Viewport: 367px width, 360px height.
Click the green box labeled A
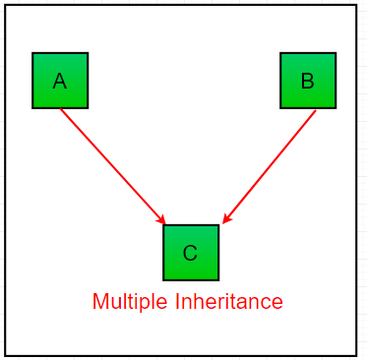[x=60, y=81]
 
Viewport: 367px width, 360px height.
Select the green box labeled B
[x=308, y=81]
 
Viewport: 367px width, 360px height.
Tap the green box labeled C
[x=191, y=253]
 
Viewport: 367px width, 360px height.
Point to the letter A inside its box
[x=60, y=82]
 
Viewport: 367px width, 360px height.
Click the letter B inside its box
[x=307, y=82]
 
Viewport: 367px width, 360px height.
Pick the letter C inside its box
[x=190, y=254]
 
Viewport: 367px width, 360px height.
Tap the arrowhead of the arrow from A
[x=161, y=220]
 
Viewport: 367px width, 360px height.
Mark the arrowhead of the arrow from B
[x=226, y=219]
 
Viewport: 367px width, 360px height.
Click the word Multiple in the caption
[x=131, y=302]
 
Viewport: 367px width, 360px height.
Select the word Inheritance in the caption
[x=230, y=302]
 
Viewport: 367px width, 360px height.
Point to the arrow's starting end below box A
[x=61, y=109]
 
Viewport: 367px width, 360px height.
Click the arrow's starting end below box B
[x=316, y=110]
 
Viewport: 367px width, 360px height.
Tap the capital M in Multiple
[x=99, y=302]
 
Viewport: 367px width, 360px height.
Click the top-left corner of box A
[x=32, y=53]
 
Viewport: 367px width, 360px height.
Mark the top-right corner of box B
[x=336, y=53]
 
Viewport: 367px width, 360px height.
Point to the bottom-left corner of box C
[x=163, y=280]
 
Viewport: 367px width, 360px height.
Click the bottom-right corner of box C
[x=218, y=280]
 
